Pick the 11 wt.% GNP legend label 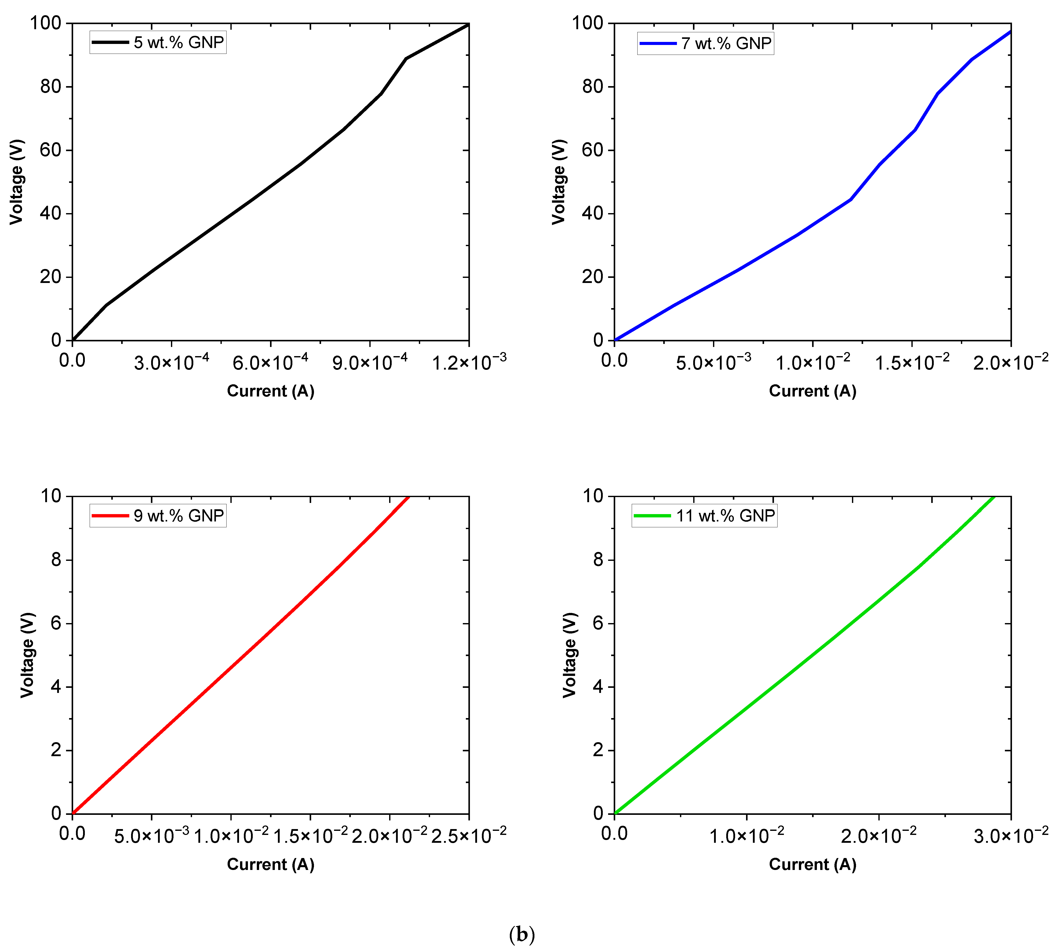pos(725,516)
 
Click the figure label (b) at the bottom pos(522,934)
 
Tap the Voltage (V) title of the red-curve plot pos(27,655)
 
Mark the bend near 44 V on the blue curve pos(851,199)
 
